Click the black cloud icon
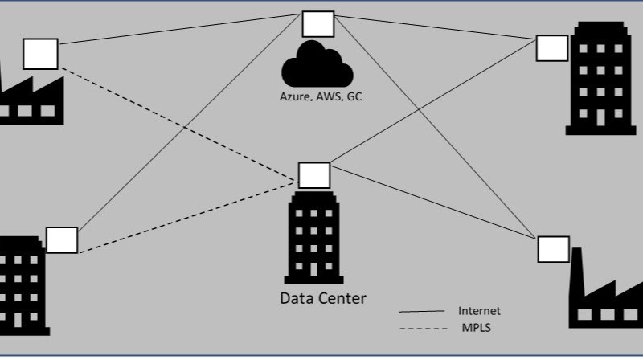coord(317,67)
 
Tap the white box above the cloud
coord(317,24)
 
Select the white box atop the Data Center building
coord(313,175)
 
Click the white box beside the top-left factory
coord(40,53)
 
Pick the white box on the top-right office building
coord(552,48)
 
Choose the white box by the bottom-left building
coord(62,239)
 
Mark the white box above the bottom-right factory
coord(553,249)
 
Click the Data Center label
coord(322,299)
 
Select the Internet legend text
coord(479,311)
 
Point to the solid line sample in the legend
coord(421,312)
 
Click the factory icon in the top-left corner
coord(28,100)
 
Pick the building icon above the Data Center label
coord(313,237)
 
